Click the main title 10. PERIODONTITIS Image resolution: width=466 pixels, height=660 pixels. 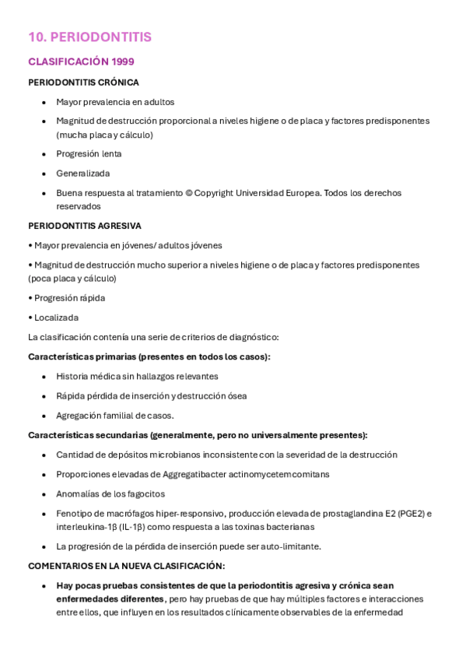click(89, 37)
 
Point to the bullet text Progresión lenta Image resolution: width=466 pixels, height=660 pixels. click(89, 154)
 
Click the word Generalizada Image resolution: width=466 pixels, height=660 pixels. click(82, 174)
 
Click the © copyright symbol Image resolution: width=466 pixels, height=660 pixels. click(189, 193)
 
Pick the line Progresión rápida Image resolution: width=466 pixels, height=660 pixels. click(69, 298)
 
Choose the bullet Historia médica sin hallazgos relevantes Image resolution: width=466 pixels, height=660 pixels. click(137, 377)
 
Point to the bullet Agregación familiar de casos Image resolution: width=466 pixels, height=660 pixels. click(115, 416)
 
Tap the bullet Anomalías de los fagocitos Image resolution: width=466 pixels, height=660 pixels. click(110, 494)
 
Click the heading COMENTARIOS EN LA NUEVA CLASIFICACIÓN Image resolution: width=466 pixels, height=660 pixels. click(126, 566)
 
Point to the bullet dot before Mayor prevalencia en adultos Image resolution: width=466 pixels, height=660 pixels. click(44, 102)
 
